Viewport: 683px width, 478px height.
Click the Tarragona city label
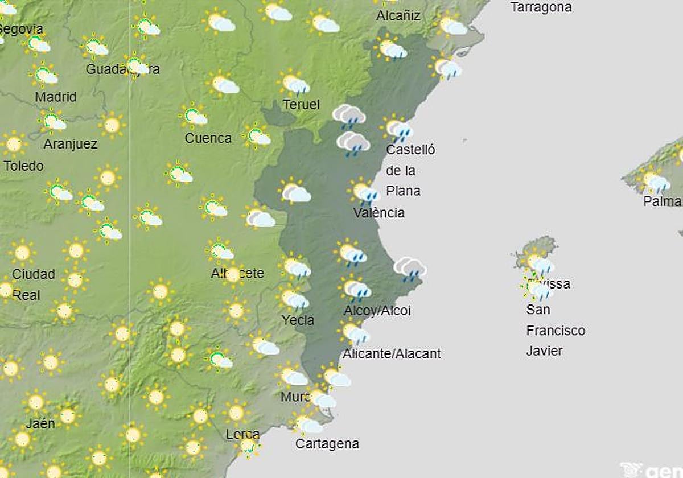541,7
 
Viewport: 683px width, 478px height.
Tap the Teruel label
301,105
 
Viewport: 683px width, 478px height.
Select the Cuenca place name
208,138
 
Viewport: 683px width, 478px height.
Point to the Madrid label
56,97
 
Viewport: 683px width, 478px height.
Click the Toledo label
23,166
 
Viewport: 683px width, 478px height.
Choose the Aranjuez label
71,144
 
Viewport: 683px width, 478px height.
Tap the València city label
379,213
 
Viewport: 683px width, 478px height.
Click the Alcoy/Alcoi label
377,311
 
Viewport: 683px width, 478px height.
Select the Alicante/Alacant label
392,354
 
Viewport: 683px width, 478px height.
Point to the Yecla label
298,320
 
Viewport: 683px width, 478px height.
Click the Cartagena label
327,444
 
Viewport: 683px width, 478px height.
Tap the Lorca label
242,434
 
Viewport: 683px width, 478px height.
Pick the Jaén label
40,423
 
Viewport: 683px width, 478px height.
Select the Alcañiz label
398,16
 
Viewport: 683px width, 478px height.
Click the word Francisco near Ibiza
556,331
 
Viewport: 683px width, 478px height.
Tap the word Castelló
410,150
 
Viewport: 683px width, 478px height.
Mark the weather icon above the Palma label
655,181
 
